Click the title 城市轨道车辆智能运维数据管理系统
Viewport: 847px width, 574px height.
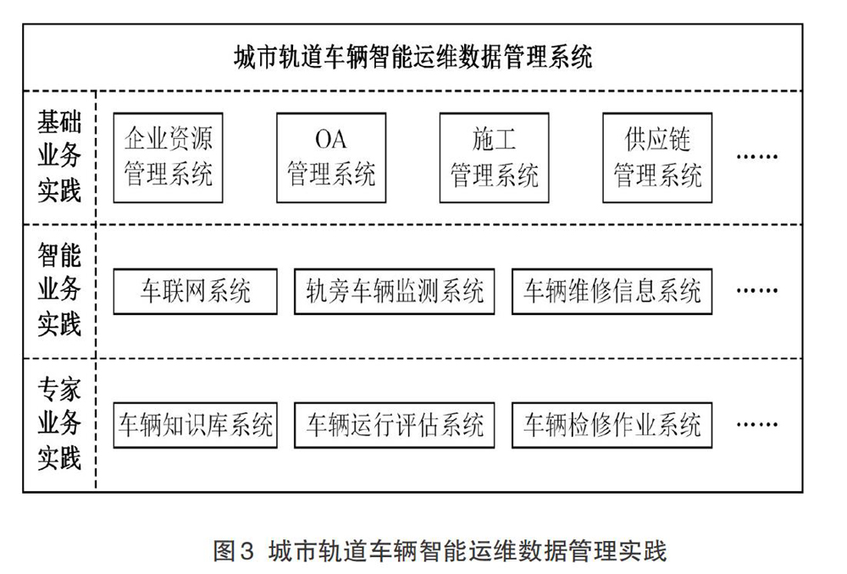click(x=413, y=57)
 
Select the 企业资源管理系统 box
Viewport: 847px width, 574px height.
click(x=168, y=157)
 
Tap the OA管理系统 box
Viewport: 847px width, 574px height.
click(x=331, y=157)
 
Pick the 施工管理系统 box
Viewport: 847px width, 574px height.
click(x=495, y=157)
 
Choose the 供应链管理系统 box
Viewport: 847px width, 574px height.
click(x=657, y=157)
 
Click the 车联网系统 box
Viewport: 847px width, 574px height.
click(x=195, y=291)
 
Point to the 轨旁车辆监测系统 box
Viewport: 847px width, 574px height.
click(x=395, y=291)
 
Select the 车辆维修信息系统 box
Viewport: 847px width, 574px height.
click(x=612, y=291)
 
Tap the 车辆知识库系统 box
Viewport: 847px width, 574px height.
click(x=195, y=425)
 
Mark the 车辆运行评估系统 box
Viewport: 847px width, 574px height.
click(x=395, y=425)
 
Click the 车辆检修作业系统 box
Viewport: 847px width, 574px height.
click(x=612, y=425)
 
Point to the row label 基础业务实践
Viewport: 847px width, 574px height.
click(x=59, y=157)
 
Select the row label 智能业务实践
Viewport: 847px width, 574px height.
click(x=59, y=290)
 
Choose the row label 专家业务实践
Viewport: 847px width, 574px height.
click(x=59, y=424)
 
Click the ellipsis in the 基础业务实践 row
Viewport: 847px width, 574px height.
click(x=757, y=157)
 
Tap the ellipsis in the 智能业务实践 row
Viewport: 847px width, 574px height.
click(x=757, y=291)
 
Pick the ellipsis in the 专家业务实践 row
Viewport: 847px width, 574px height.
click(x=757, y=424)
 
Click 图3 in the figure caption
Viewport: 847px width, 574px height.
click(x=234, y=551)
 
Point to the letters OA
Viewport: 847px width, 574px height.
click(x=330, y=140)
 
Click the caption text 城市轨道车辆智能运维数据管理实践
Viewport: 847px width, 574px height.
click(x=468, y=551)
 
